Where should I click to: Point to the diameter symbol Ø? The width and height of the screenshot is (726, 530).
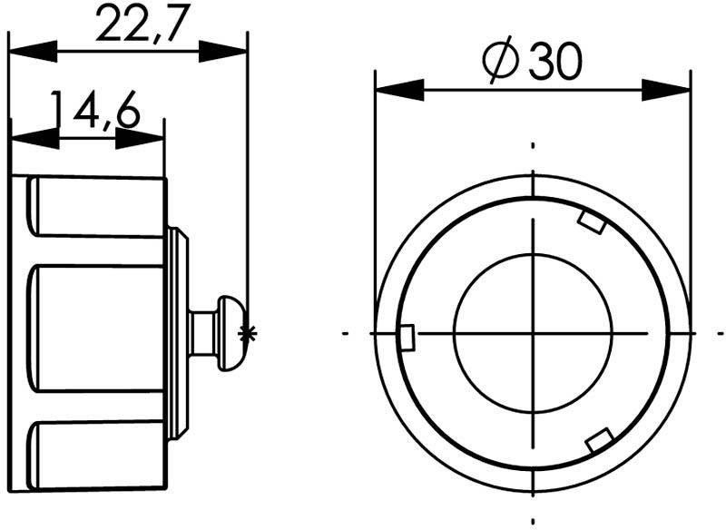pos(500,64)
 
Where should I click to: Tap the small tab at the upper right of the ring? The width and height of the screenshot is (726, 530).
pos(592,221)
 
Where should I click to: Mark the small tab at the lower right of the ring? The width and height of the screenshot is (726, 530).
pos(598,442)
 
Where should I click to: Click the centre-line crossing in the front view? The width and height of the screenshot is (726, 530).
pos(533,333)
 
